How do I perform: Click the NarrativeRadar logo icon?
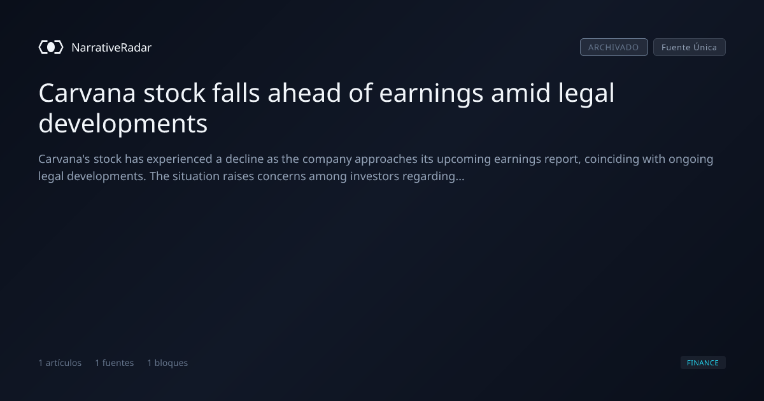click(51, 47)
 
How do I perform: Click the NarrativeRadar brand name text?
click(111, 48)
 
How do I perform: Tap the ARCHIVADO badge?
click(614, 47)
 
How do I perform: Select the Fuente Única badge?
click(690, 47)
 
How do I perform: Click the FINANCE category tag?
click(703, 362)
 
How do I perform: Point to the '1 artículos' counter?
click(60, 363)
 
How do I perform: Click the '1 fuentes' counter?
click(114, 363)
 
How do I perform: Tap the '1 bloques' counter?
click(167, 363)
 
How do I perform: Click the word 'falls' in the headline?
click(236, 93)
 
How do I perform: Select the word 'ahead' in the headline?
click(304, 93)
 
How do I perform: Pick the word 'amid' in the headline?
click(521, 93)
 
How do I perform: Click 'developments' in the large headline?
click(123, 124)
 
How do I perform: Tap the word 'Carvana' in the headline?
click(87, 93)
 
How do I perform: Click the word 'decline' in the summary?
click(244, 159)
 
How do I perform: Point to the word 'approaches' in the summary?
click(386, 160)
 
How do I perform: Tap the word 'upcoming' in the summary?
click(464, 160)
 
